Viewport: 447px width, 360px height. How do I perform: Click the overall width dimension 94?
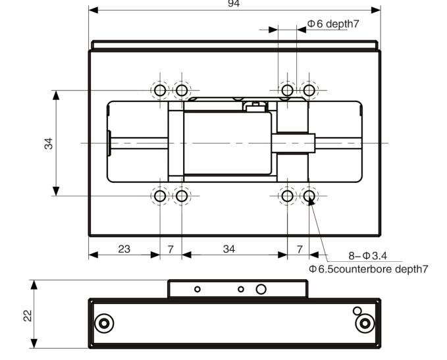pyautogui.click(x=234, y=4)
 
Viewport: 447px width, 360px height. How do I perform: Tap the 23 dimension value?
pyautogui.click(x=124, y=249)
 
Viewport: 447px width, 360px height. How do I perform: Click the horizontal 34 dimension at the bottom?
pyautogui.click(x=228, y=249)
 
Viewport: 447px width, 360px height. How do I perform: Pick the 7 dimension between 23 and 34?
pyautogui.click(x=171, y=249)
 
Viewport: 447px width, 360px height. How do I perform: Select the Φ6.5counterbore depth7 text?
pyautogui.click(x=369, y=269)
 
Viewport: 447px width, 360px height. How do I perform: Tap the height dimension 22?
pyautogui.click(x=27, y=315)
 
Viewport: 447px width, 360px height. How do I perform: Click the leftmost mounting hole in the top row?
pyautogui.click(x=159, y=90)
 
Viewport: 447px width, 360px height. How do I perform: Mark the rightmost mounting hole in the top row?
pyautogui.click(x=309, y=90)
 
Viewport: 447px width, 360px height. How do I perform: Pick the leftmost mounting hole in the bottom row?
pyautogui.click(x=159, y=195)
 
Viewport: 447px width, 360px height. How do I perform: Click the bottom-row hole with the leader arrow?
pyautogui.click(x=309, y=195)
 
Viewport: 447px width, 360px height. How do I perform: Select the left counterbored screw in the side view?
pyautogui.click(x=103, y=323)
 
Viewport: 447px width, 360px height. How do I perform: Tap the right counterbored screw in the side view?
pyautogui.click(x=364, y=323)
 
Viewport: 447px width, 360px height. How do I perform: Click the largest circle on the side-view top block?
pyautogui.click(x=261, y=289)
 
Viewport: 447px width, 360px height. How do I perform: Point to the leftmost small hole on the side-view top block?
pyautogui.click(x=197, y=289)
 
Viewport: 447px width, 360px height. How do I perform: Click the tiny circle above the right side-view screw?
pyautogui.click(x=357, y=311)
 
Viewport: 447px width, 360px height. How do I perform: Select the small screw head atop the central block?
pyautogui.click(x=253, y=105)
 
